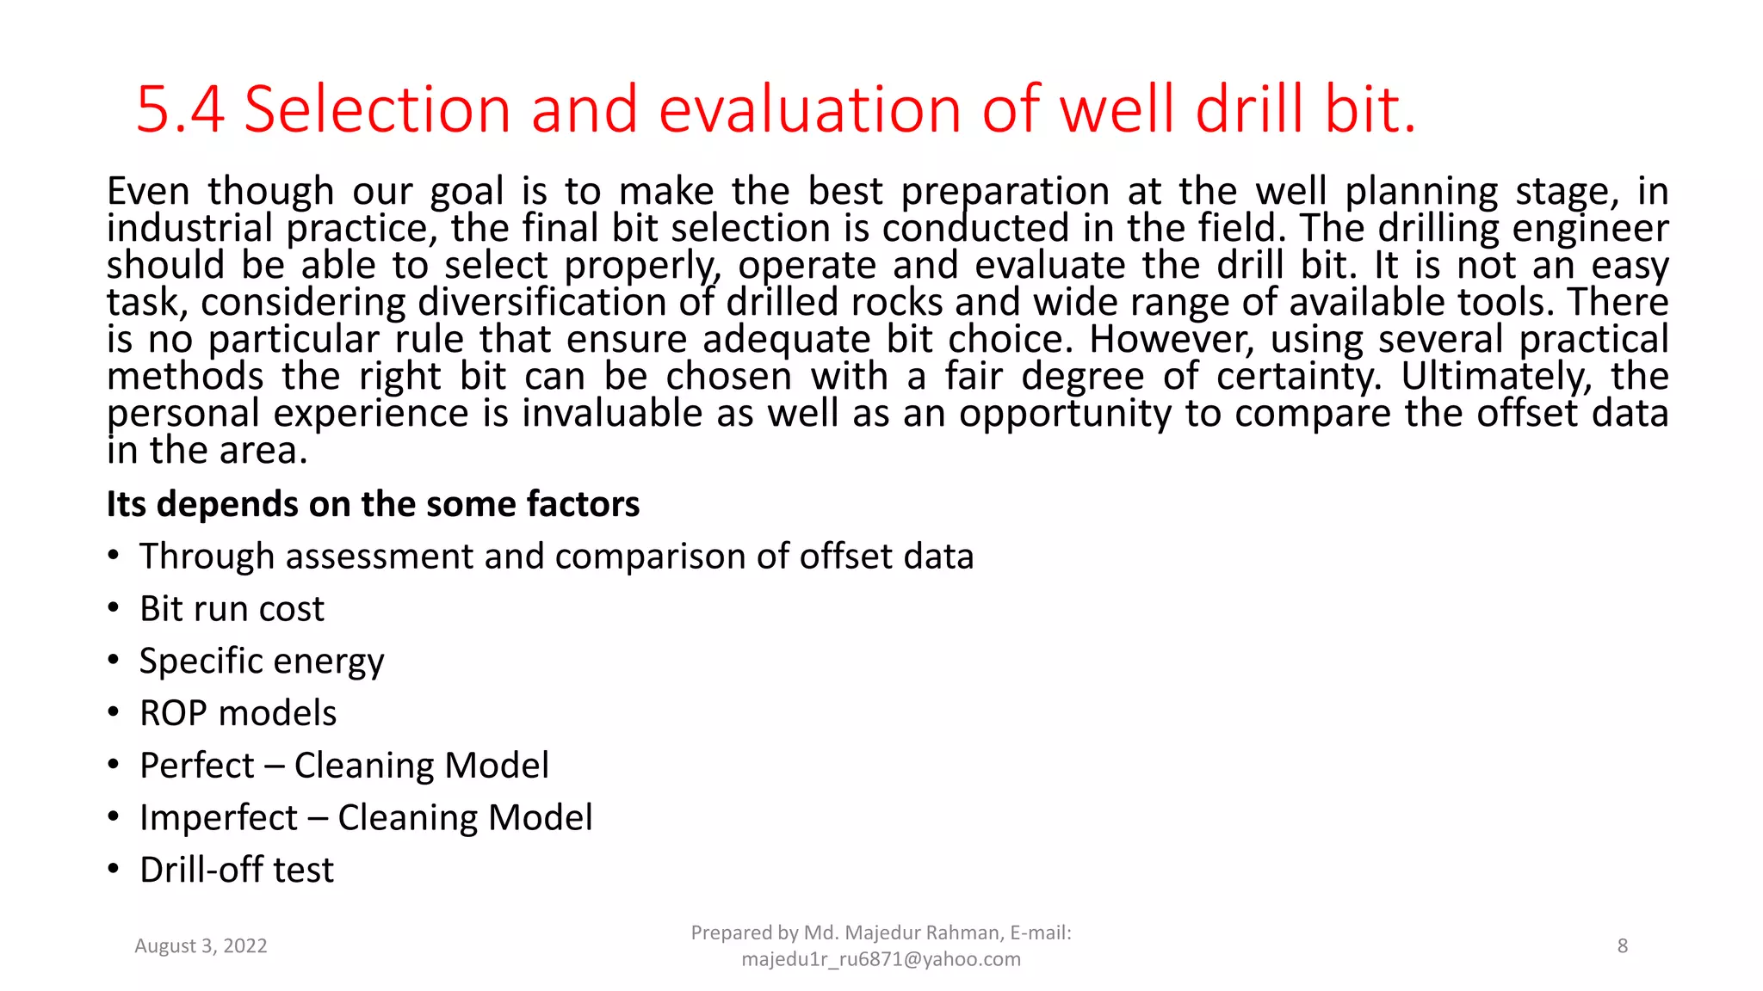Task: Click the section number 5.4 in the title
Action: [180, 110]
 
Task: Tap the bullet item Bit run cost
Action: [232, 609]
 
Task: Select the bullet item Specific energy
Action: [262, 662]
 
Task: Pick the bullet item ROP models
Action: [238, 713]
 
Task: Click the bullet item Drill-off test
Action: [237, 870]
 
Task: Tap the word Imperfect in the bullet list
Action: [219, 818]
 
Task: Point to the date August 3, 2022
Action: [201, 946]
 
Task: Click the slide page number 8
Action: [1623, 946]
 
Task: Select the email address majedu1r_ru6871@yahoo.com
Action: [881, 959]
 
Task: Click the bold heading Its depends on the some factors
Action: [373, 504]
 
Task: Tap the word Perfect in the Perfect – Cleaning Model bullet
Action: [197, 766]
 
